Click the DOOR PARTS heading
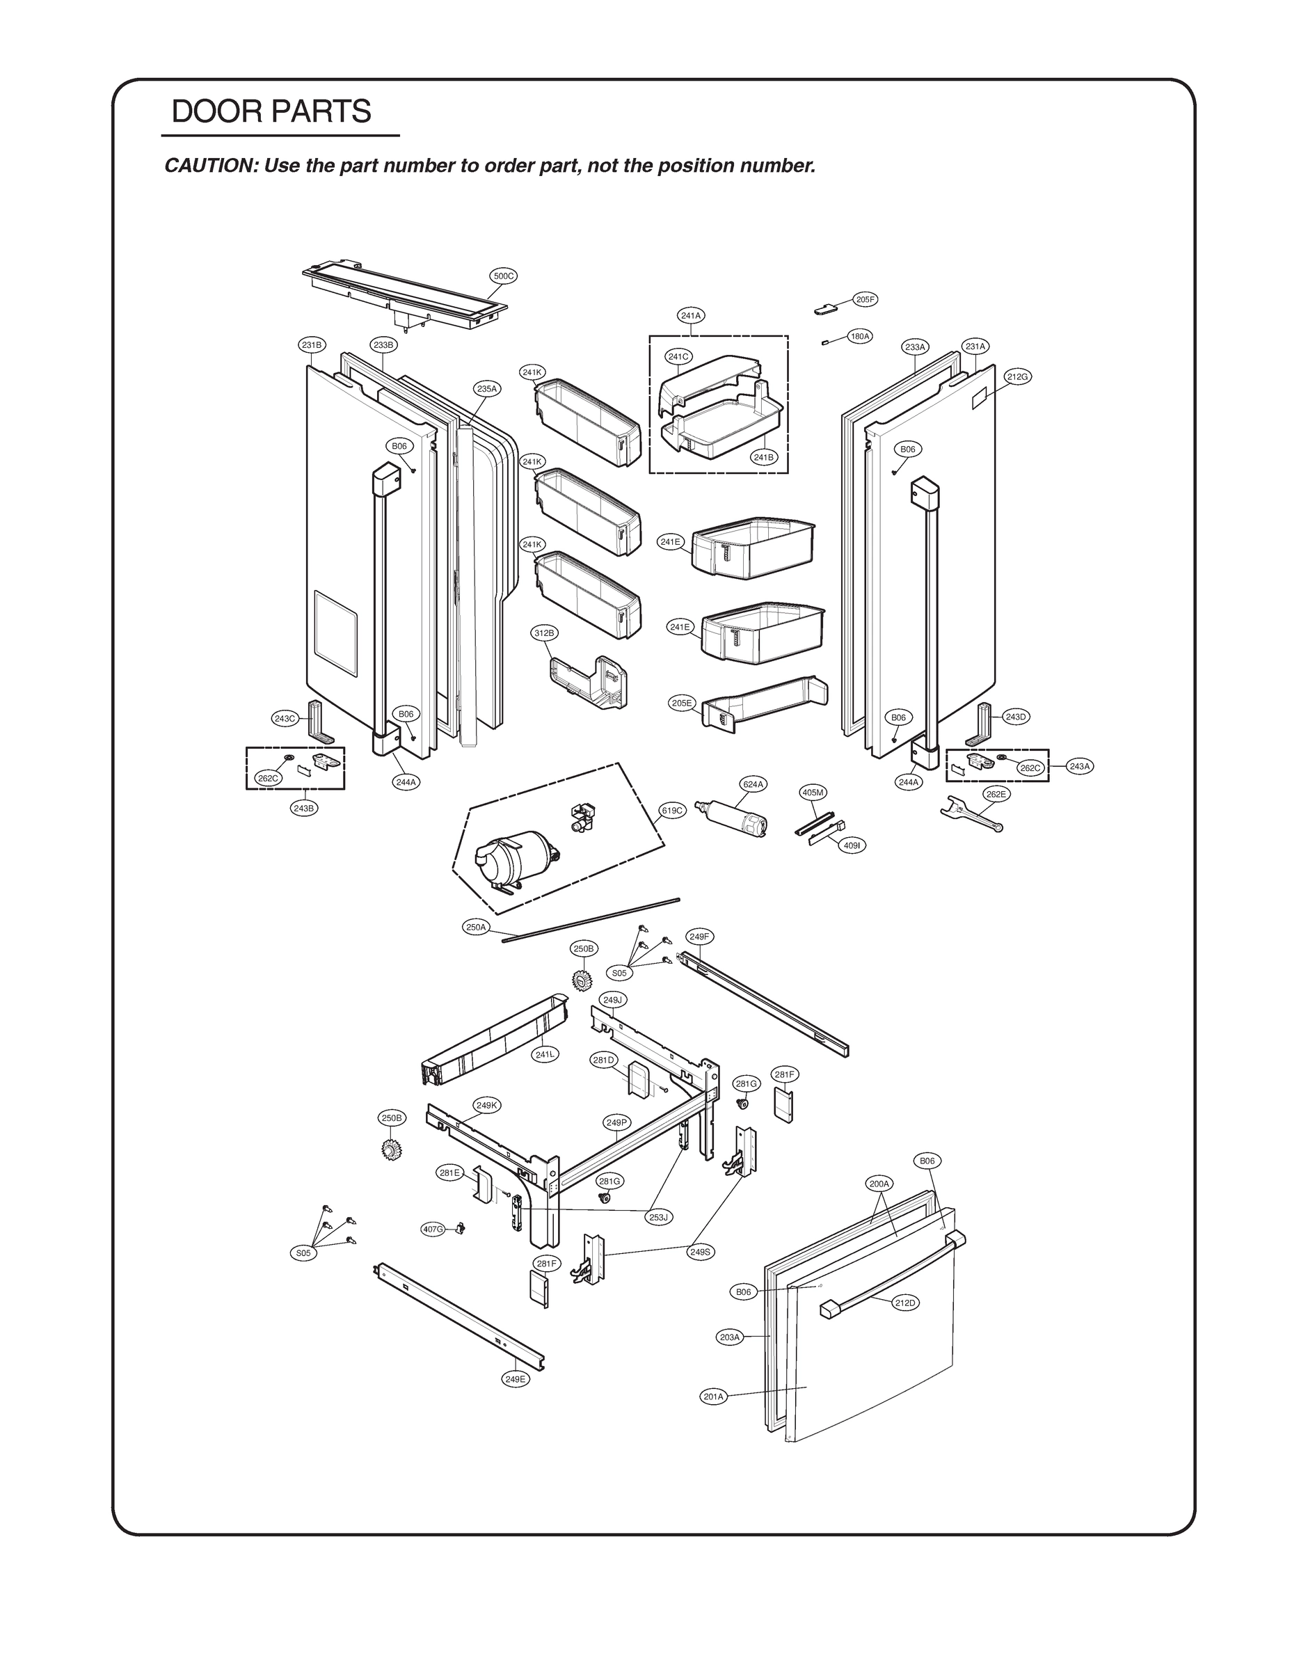tap(271, 112)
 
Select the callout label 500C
tap(503, 276)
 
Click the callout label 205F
tap(866, 299)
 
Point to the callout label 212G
tap(1018, 376)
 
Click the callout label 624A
tap(753, 784)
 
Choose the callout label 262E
tap(996, 794)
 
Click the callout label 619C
tap(671, 810)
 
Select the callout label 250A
tap(476, 928)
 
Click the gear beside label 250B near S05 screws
tap(583, 978)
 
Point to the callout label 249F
tap(699, 937)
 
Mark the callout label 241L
tap(545, 1054)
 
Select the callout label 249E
tap(516, 1379)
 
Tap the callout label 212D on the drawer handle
tap(905, 1303)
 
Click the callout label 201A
tap(713, 1397)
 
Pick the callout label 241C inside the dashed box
tap(678, 356)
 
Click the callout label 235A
tap(487, 389)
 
